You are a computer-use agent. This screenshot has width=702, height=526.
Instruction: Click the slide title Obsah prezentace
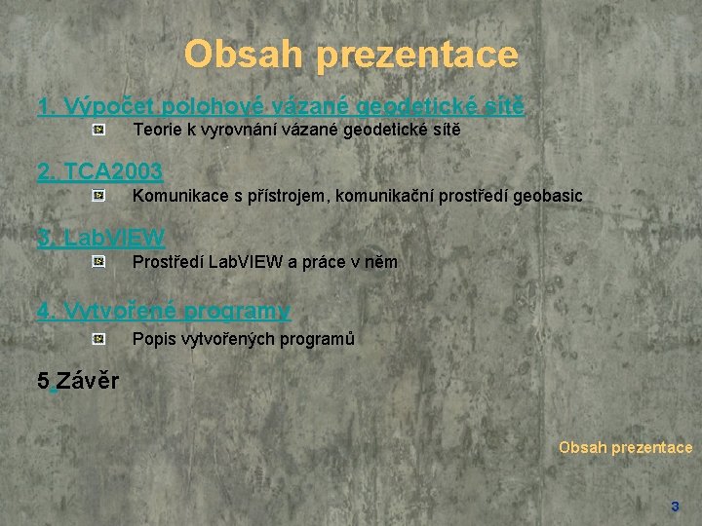pos(351,54)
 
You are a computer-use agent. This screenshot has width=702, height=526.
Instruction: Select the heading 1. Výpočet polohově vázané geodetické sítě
pos(280,105)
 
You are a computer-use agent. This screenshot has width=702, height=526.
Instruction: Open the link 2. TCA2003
pos(99,172)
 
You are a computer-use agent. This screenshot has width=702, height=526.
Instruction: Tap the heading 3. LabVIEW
pos(100,237)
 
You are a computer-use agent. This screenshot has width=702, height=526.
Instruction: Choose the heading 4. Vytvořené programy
pos(163,311)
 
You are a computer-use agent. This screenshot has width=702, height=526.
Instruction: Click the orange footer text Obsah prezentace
pos(625,448)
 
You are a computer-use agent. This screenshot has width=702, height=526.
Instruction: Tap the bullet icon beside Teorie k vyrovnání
pos(99,129)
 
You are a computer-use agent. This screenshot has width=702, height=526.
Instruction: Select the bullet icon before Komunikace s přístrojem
pos(99,196)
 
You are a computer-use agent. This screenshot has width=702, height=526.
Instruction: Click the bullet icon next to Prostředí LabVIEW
pos(99,261)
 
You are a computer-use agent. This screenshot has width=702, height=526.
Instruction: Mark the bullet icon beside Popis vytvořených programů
pos(99,339)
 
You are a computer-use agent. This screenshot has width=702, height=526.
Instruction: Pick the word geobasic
pos(548,196)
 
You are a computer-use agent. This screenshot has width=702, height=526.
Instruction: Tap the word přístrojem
pos(290,196)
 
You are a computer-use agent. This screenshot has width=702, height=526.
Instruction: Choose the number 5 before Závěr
pos(43,380)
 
